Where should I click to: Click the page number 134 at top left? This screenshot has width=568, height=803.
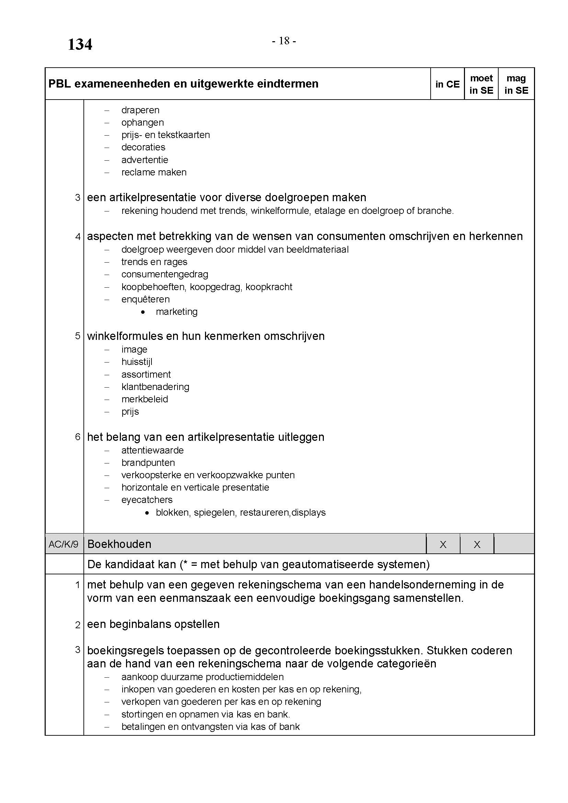[x=80, y=45]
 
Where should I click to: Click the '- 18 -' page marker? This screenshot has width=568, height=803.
[x=284, y=41]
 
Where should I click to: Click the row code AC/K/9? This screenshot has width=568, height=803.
[x=64, y=544]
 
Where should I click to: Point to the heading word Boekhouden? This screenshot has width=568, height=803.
[x=119, y=544]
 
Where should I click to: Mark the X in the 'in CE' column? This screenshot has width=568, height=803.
[x=443, y=544]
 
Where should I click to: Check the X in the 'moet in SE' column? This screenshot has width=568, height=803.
[x=477, y=544]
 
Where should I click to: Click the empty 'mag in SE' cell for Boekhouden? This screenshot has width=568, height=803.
[x=514, y=544]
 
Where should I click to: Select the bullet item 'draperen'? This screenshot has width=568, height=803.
[x=140, y=110]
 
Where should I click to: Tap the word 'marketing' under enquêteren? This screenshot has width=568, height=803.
[x=177, y=312]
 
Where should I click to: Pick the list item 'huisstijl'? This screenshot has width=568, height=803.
[x=137, y=362]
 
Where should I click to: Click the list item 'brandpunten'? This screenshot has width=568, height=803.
[x=148, y=463]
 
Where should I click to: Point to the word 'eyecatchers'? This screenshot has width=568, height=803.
[x=147, y=500]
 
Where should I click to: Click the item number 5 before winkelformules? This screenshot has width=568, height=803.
[x=78, y=336]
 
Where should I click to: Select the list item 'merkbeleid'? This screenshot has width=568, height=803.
[x=145, y=399]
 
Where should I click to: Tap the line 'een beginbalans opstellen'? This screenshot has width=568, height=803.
[x=153, y=624]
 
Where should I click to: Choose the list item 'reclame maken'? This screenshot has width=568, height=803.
[x=154, y=172]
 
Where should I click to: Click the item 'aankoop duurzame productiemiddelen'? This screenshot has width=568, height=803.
[x=203, y=677]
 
